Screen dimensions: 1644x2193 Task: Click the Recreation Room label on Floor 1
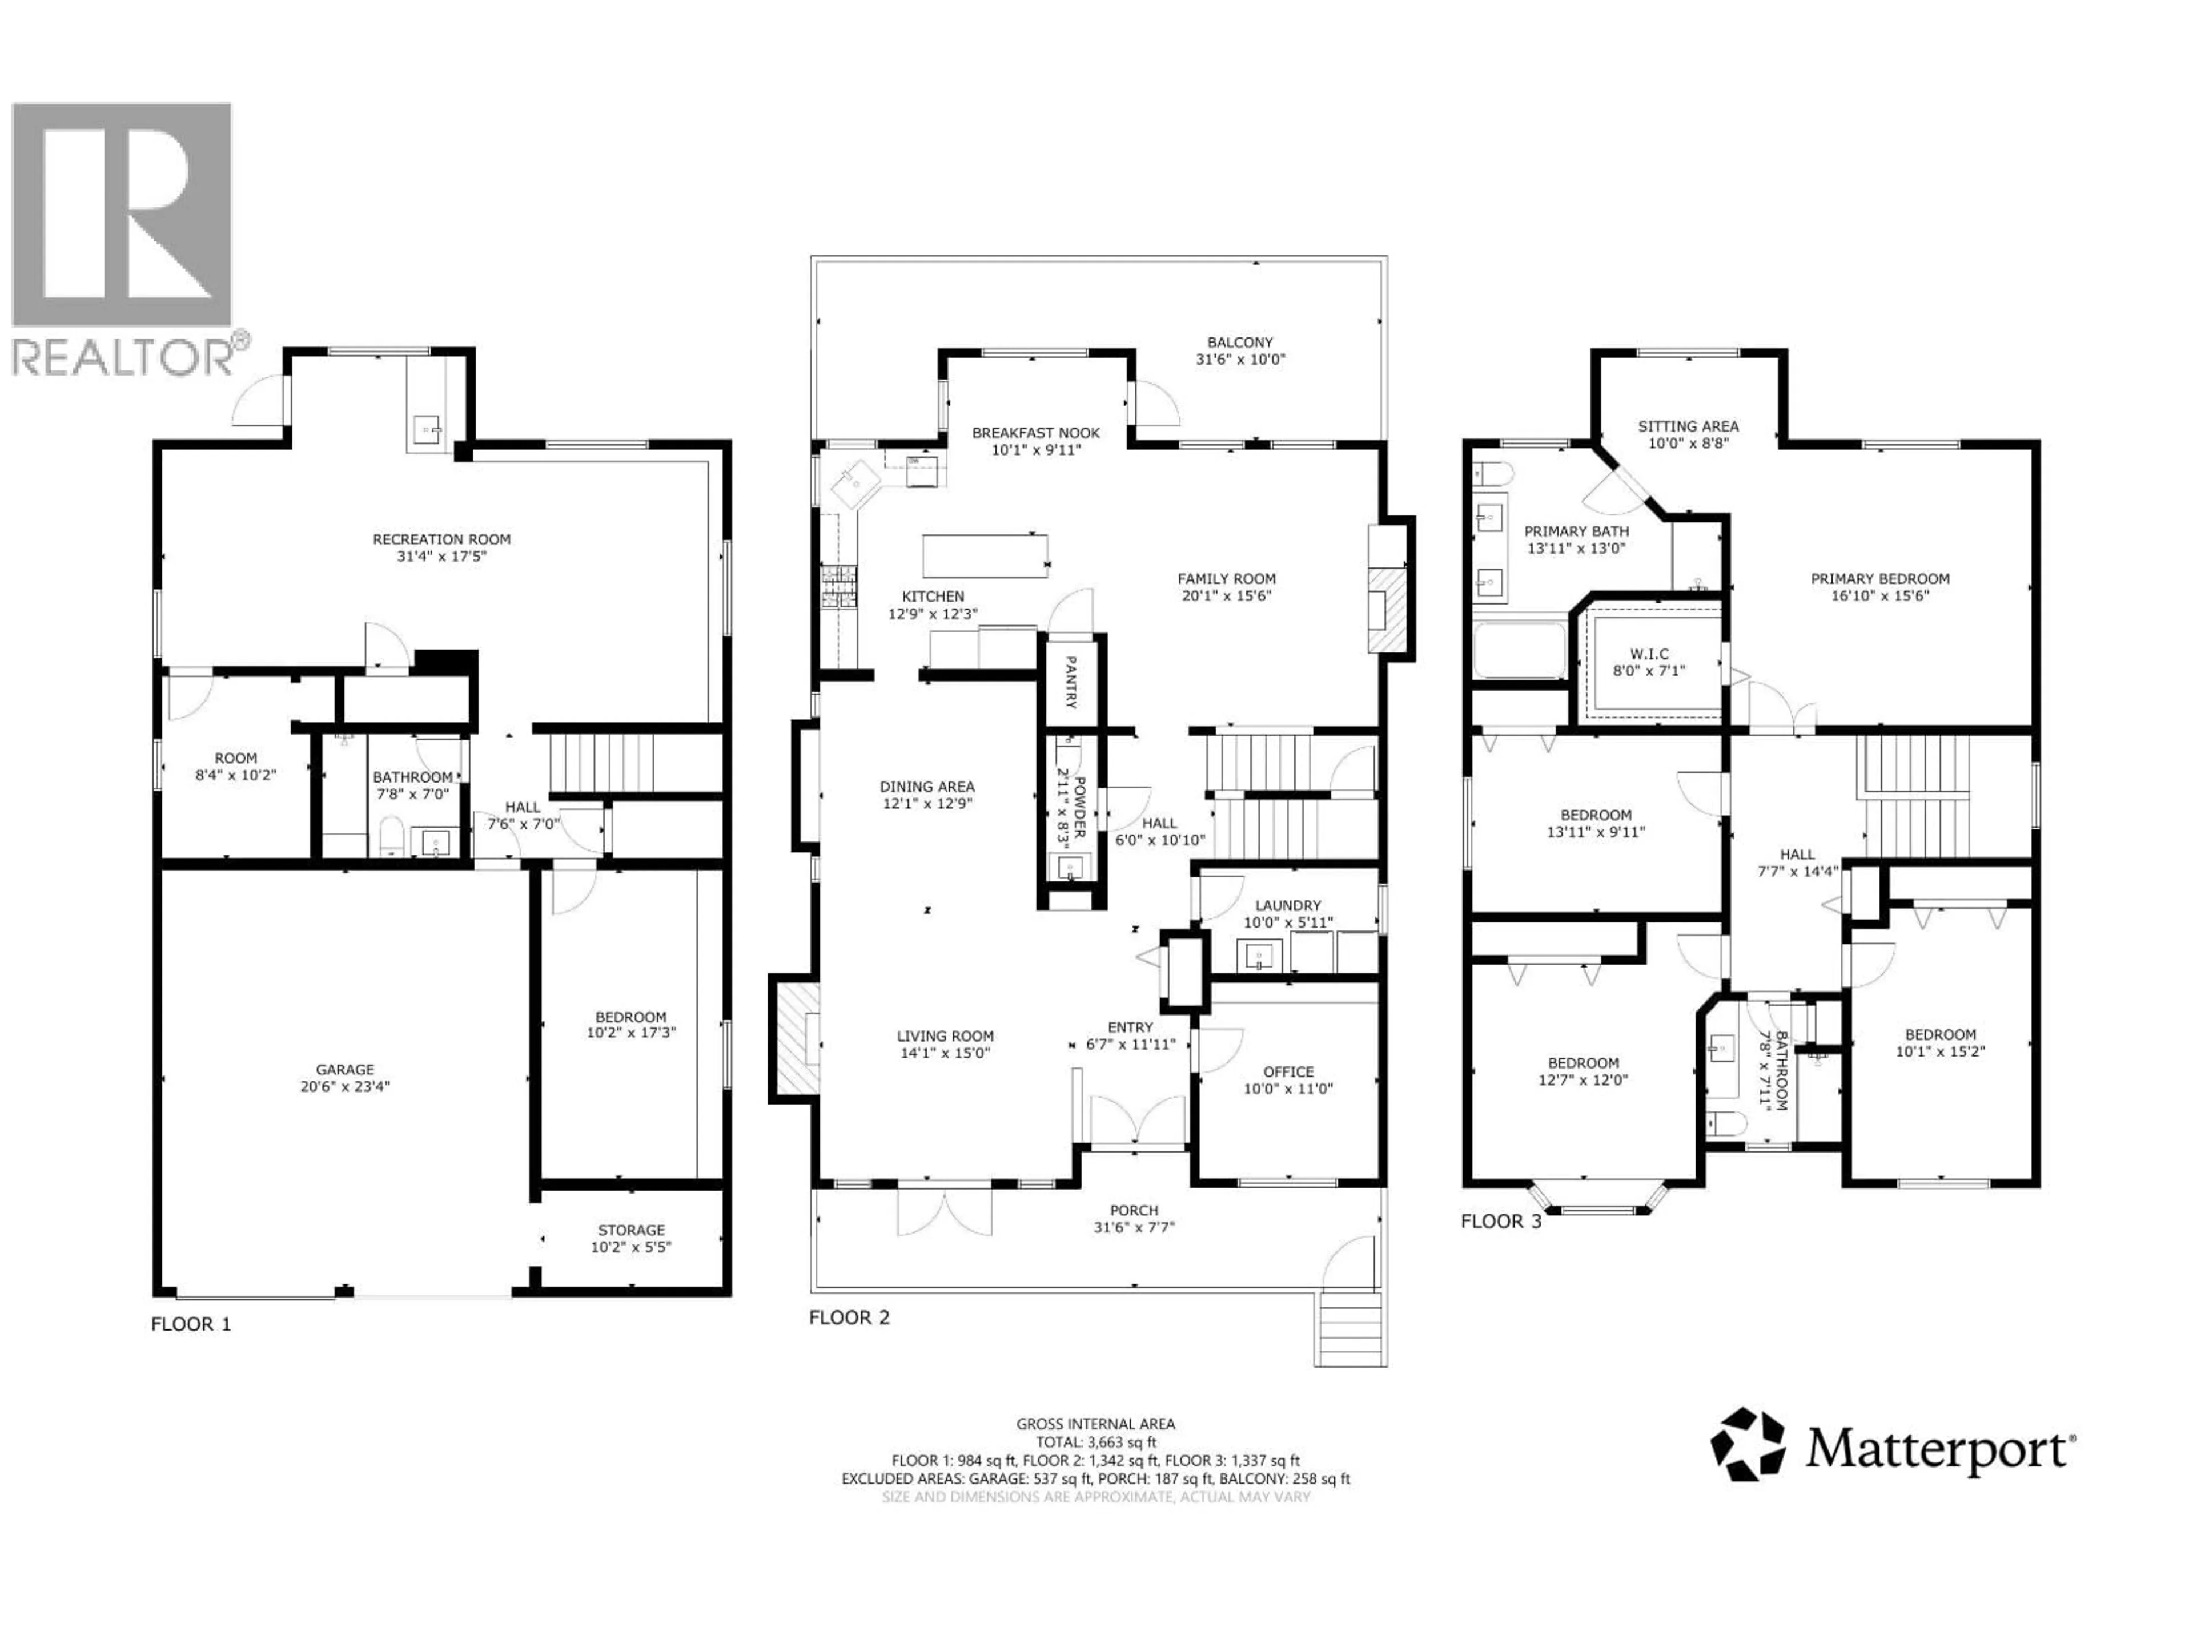[441, 539]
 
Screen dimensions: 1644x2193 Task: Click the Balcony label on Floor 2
[1239, 342]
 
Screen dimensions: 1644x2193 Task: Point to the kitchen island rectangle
[985, 555]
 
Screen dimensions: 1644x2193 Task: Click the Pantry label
[1071, 682]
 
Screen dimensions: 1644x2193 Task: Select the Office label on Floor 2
[1288, 1071]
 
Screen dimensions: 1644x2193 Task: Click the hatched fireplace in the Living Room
[795, 1038]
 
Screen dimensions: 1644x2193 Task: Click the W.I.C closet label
[1649, 654]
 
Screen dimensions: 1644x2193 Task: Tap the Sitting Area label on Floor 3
[1688, 426]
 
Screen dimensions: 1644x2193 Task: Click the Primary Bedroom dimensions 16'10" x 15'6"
[1879, 595]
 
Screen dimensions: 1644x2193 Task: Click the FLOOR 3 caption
[1500, 1221]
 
